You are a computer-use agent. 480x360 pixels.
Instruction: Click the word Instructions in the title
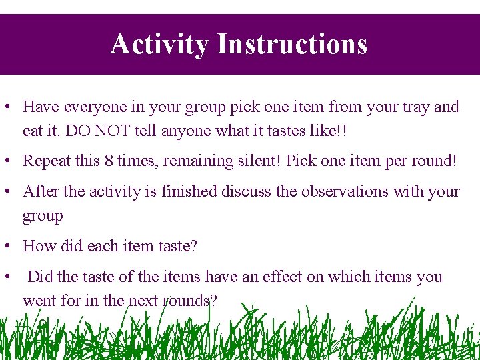click(x=292, y=45)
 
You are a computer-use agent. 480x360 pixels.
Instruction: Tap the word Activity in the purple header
click(x=160, y=45)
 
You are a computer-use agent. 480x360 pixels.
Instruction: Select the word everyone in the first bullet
click(x=98, y=107)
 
